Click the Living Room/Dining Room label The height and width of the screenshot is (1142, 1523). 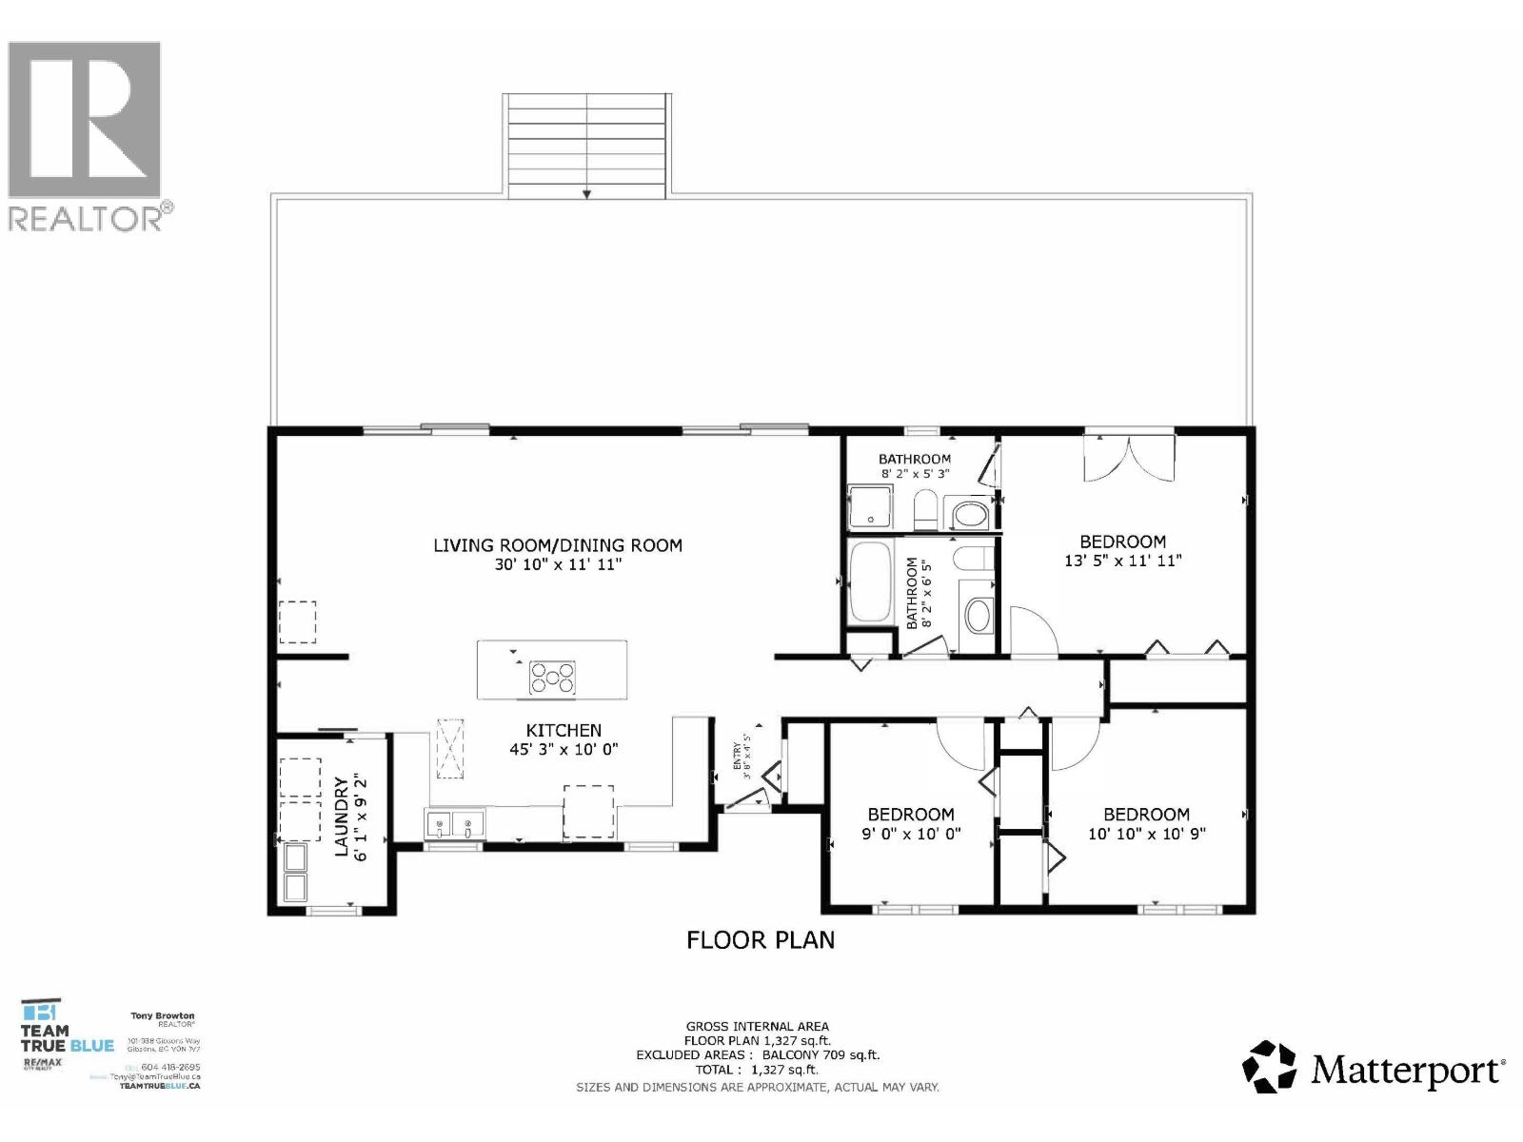(x=558, y=545)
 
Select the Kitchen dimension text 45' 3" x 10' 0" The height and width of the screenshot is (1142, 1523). (x=564, y=749)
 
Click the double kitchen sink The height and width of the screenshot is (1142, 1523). (x=455, y=824)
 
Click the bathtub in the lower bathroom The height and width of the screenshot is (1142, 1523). (x=869, y=582)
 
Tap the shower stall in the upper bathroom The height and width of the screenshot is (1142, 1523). (x=870, y=507)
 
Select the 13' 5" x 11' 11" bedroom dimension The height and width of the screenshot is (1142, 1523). (x=1122, y=561)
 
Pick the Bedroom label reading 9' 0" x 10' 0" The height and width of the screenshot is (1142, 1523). (x=910, y=815)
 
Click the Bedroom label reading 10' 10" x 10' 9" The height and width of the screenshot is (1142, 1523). (x=1146, y=815)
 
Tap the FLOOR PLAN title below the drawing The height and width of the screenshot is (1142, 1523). (x=761, y=940)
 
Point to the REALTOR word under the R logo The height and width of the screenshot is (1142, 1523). (x=86, y=218)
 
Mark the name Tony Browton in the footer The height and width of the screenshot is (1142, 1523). (x=162, y=1016)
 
